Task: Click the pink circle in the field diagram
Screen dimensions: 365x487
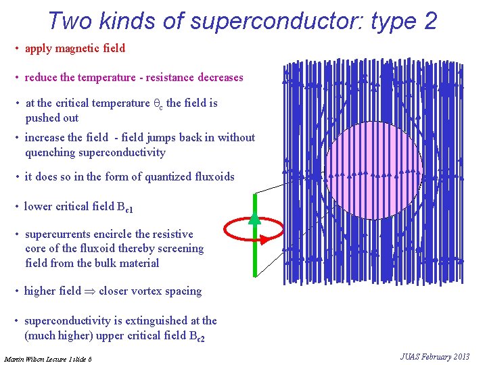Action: coord(373,170)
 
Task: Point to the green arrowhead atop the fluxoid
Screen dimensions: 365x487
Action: coord(254,218)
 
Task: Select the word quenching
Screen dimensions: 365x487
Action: coord(49,153)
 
